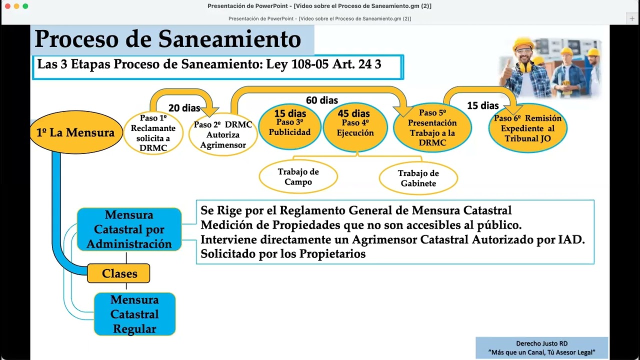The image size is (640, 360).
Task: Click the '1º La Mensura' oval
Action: tap(76, 133)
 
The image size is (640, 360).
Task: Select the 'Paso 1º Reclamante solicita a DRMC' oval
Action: tap(153, 133)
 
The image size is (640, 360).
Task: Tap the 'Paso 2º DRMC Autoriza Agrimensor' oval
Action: tap(223, 134)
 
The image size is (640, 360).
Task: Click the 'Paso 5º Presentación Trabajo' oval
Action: tap(432, 127)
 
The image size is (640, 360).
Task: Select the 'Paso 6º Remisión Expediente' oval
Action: tap(527, 128)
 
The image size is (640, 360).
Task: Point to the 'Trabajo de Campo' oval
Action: tap(298, 176)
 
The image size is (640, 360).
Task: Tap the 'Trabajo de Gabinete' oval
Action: tap(418, 178)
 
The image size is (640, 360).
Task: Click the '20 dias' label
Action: tap(184, 108)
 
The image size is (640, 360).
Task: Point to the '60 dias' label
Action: tap(322, 100)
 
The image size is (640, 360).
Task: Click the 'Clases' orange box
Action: tap(119, 273)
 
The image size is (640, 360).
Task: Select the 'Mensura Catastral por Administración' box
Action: tap(129, 229)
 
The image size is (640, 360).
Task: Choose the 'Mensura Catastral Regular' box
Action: tap(134, 314)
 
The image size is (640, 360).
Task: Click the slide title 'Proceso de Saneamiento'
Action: tap(168, 39)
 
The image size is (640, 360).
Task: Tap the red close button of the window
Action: tap(7, 6)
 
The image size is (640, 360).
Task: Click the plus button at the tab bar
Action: tap(632, 18)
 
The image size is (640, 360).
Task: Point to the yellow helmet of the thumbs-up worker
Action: tap(523, 43)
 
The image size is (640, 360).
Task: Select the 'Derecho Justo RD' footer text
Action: tap(541, 343)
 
